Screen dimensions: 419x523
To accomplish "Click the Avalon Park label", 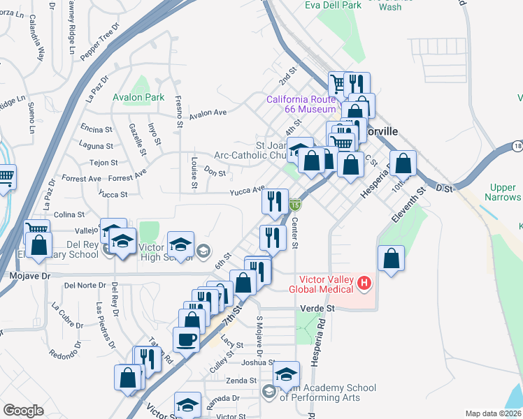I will coord(139,98).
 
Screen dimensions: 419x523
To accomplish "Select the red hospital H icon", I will coord(364,283).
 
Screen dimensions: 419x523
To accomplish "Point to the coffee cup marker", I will coord(186,339).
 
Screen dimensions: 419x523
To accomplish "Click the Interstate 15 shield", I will coord(296,205).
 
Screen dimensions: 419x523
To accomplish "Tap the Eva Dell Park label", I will coord(333,5).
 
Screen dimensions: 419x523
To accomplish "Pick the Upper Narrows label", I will coord(503,193).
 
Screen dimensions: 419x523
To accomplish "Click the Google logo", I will coord(23,411).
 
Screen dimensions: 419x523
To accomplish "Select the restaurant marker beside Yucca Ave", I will coord(275,200).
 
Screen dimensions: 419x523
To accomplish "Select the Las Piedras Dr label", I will coord(106,325).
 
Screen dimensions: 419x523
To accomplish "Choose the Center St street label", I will coord(294,233).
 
